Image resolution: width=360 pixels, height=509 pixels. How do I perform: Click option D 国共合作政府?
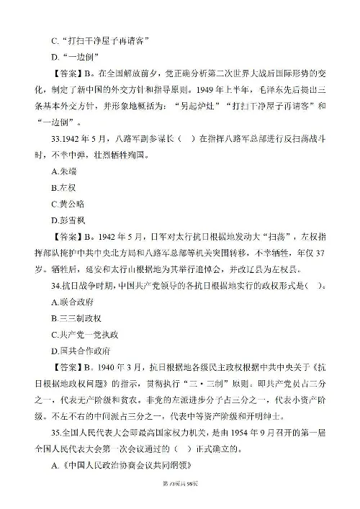click(82, 397)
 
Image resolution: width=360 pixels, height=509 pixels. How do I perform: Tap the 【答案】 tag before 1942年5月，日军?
click(68, 266)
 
